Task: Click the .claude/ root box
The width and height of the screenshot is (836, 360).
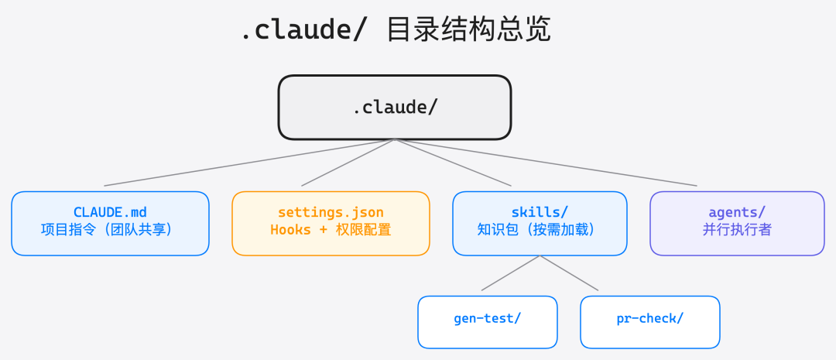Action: (395, 107)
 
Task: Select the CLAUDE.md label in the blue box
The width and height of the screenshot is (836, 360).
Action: (110, 212)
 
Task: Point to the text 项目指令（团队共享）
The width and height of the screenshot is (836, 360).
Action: (110, 230)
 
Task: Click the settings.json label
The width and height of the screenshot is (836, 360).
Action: (331, 212)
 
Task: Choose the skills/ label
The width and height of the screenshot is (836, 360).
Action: (540, 212)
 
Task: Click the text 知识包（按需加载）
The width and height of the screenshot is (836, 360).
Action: (540, 230)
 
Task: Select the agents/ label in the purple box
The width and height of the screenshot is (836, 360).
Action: (737, 212)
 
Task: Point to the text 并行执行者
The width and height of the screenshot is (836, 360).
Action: (737, 230)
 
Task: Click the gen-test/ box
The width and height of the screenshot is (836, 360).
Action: (488, 321)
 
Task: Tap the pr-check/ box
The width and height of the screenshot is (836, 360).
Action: (650, 321)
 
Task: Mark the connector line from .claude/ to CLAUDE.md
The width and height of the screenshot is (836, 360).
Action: (249, 163)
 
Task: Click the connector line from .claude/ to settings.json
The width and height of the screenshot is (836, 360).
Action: (348, 163)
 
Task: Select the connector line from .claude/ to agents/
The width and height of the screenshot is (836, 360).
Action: (546, 163)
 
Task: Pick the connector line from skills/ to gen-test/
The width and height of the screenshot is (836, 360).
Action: (511, 273)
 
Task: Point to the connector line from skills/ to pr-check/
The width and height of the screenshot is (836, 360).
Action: (569, 273)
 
